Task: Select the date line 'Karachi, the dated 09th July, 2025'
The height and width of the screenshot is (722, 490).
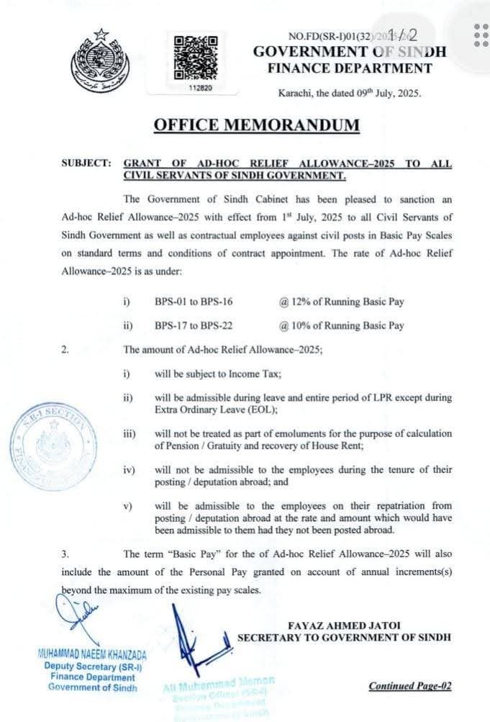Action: tap(350, 93)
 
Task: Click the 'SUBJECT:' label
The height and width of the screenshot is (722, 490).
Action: tap(86, 164)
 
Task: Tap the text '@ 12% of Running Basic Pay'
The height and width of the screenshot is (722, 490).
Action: tap(342, 302)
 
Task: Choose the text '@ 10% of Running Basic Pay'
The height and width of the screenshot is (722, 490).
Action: tap(342, 325)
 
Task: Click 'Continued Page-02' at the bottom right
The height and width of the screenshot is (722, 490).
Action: tap(410, 685)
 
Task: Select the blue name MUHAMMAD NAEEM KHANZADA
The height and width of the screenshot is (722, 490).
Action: tap(91, 654)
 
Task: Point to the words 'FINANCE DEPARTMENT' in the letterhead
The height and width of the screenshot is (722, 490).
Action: tap(350, 68)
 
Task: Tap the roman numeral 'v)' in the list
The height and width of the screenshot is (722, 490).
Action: tap(127, 506)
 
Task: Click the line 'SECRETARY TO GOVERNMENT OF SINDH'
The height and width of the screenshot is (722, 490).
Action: tap(344, 637)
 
